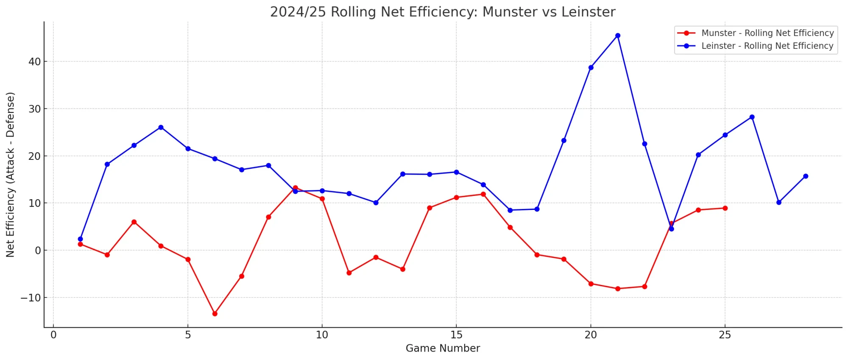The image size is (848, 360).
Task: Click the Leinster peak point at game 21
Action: [x=617, y=36]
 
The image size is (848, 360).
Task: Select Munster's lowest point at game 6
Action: [x=215, y=314]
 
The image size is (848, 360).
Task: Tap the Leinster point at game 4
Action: [x=161, y=127]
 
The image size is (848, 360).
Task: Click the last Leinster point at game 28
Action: [x=806, y=176]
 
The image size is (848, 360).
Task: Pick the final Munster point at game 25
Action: [x=725, y=208]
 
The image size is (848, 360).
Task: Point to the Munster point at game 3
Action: [x=134, y=222]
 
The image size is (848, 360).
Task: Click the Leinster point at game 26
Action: [x=752, y=117]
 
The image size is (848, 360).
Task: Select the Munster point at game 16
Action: [x=483, y=194]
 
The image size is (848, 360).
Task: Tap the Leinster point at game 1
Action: [x=80, y=239]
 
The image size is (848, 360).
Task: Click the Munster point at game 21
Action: [x=617, y=289]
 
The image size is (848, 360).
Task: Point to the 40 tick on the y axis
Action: [x=35, y=62]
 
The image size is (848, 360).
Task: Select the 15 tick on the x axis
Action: [x=456, y=335]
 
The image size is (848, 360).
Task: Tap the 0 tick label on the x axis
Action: [x=53, y=335]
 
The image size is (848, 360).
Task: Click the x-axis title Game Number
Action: [x=443, y=349]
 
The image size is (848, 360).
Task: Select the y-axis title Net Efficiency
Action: [x=10, y=175]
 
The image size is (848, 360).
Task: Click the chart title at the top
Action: [x=443, y=12]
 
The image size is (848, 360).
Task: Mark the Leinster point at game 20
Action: [x=591, y=67]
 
